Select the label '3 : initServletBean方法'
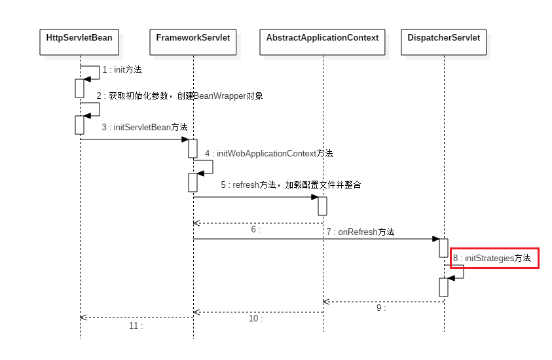(144, 127)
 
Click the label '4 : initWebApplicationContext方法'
(268, 153)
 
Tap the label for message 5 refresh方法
(291, 185)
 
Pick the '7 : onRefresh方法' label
(360, 232)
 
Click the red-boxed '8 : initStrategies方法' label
(494, 259)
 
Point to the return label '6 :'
(255, 230)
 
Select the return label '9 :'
(381, 308)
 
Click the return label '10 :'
(255, 318)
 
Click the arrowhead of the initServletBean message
(186, 139)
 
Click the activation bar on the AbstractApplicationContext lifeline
(322, 206)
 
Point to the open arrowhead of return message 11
(83, 317)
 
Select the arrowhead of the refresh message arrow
(315, 197)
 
